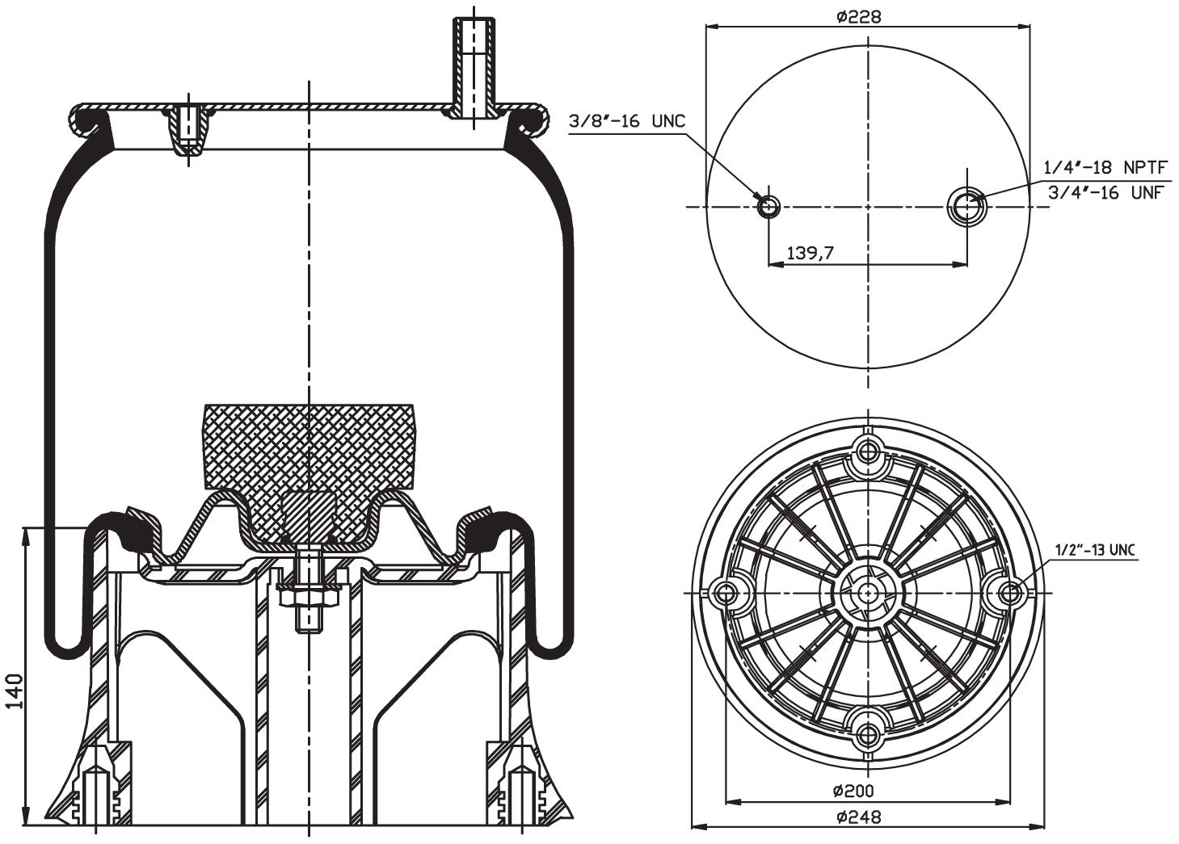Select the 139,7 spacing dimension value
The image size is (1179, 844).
point(810,254)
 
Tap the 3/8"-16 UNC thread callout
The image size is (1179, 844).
point(627,121)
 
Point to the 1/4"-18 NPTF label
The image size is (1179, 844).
point(1105,167)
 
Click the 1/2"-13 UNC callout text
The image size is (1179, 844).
point(1094,551)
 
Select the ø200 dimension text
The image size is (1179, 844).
point(852,791)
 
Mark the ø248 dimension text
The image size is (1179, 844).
point(858,817)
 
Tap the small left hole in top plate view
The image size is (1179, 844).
point(768,207)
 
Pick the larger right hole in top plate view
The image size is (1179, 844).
point(966,207)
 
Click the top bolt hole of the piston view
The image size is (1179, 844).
point(869,451)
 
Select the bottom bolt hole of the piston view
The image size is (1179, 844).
point(869,734)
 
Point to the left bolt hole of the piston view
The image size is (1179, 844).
point(726,593)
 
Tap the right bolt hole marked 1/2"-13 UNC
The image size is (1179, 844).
point(1010,593)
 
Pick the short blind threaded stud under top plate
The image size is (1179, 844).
point(188,129)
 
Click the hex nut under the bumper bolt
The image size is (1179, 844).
point(308,598)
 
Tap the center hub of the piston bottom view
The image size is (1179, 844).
point(869,593)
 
